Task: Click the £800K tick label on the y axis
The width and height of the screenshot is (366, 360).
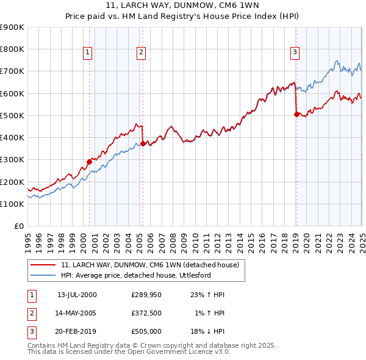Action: point(12,49)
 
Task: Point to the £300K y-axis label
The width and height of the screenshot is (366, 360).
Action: point(12,160)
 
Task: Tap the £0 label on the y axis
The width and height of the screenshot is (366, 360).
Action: point(18,226)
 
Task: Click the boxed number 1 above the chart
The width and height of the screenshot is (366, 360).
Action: point(88,53)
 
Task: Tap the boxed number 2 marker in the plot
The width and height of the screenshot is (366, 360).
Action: point(141,53)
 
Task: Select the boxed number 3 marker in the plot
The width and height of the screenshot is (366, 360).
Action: point(295,53)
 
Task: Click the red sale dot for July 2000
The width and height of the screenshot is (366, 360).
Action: point(89,162)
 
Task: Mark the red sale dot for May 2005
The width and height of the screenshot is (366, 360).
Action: point(143,144)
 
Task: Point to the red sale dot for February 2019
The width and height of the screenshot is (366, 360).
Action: point(296,114)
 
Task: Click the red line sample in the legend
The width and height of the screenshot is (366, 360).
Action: point(44,265)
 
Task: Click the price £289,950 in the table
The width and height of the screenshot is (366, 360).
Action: point(146,295)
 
